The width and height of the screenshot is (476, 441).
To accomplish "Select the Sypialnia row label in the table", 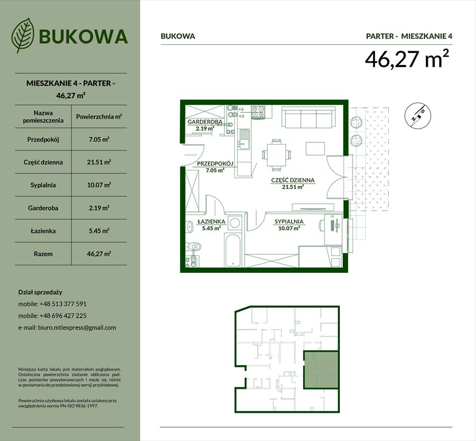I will tap(40, 185).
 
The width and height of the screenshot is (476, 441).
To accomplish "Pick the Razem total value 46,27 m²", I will tap(99, 253).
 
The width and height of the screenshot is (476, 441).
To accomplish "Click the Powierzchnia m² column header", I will tap(99, 116).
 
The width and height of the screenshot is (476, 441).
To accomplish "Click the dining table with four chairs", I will tap(274, 153).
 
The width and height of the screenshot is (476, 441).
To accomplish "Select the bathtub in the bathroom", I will tap(233, 251).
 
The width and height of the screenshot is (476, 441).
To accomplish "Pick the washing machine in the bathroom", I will tap(235, 222).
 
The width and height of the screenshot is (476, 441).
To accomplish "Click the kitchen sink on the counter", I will tap(244, 138).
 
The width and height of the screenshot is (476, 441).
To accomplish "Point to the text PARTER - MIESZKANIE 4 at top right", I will tap(409, 36).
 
